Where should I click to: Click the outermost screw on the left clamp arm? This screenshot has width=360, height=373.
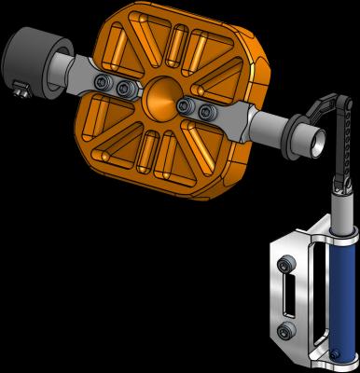coord(104,84)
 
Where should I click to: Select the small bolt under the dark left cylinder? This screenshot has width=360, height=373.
coord(19,90)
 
